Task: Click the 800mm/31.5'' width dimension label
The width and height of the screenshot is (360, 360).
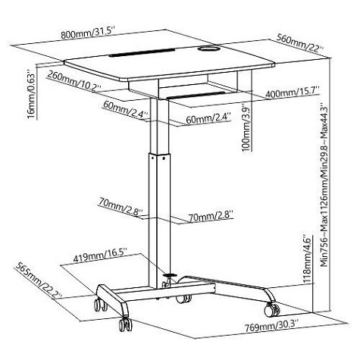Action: click(x=88, y=33)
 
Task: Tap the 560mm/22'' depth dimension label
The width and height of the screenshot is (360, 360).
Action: click(x=300, y=42)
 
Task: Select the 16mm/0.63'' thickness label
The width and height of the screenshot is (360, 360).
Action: click(x=31, y=94)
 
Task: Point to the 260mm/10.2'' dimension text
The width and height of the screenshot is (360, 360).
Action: click(x=74, y=81)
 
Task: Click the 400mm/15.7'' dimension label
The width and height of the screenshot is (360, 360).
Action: click(x=293, y=92)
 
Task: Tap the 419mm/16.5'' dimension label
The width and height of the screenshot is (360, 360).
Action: click(x=100, y=256)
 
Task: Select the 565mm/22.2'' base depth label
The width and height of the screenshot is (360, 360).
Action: click(x=39, y=280)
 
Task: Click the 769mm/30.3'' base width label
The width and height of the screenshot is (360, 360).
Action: click(x=272, y=326)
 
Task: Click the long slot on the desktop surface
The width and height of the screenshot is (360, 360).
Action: click(x=142, y=52)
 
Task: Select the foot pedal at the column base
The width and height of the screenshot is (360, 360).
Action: click(x=170, y=276)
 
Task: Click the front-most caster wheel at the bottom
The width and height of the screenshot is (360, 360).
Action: click(x=126, y=324)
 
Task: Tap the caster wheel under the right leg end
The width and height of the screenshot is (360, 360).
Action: click(x=272, y=310)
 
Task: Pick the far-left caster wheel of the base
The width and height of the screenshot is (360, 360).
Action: click(x=101, y=305)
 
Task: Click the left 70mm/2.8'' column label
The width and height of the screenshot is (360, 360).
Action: click(x=121, y=206)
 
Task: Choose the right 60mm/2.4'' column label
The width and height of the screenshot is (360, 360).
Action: click(x=208, y=119)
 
